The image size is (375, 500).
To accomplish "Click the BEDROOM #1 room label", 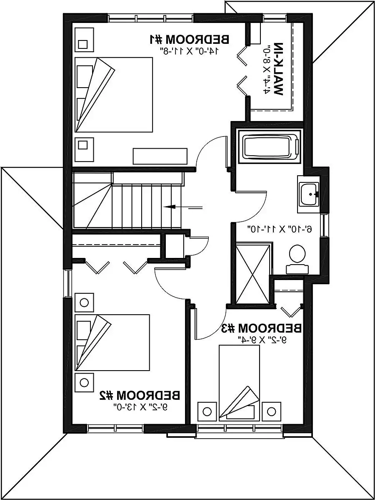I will (x=190, y=40).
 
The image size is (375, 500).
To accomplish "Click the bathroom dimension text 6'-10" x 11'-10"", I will (x=280, y=229).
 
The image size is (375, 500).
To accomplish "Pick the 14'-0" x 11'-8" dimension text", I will (x=190, y=50).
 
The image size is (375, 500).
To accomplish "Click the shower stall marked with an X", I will (x=252, y=274).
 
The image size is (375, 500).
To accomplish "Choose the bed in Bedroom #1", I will (x=114, y=95).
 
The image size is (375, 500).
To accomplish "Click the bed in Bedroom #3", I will (x=239, y=382).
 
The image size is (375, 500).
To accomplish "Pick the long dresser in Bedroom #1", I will (x=160, y=156).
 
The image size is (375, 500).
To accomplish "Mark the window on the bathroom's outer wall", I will (x=325, y=226).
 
